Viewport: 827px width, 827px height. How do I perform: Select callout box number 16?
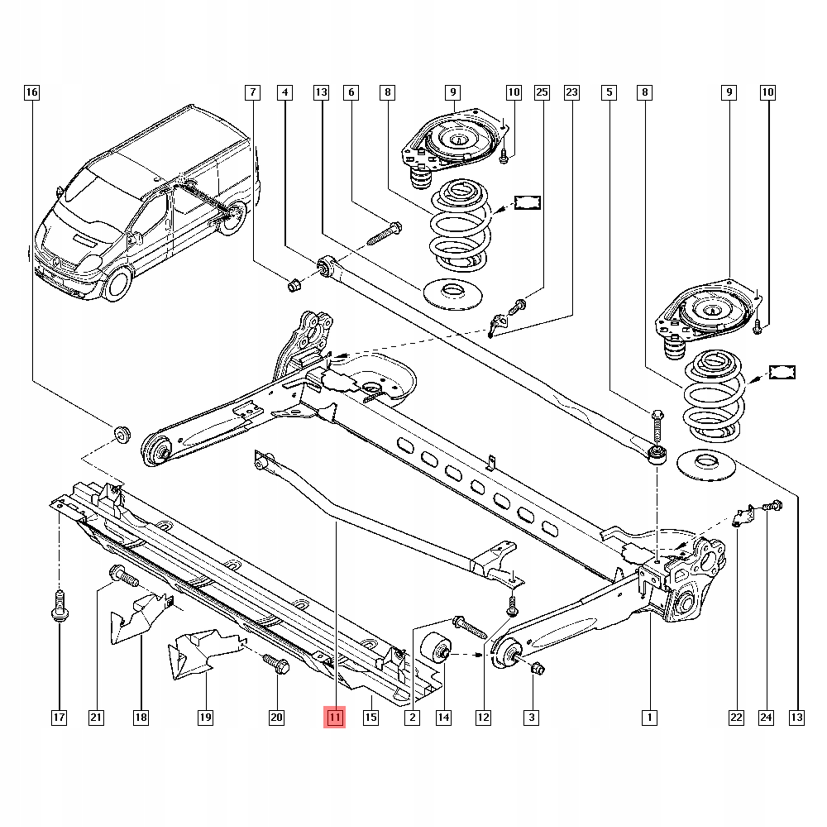pos(32,92)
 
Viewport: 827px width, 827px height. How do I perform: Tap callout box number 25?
pos(542,92)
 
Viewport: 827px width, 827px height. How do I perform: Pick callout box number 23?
pos(572,92)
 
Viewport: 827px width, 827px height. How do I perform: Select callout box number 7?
pos(253,92)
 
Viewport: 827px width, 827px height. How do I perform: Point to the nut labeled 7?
pos(294,284)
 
